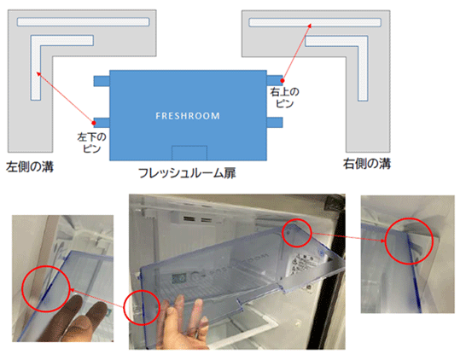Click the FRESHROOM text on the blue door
point(188,115)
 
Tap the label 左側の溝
point(30,166)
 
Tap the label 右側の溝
point(367,164)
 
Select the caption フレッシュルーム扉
point(187,173)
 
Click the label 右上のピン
point(285,97)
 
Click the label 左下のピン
point(91,142)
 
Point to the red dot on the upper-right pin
point(283,80)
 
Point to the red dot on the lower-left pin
point(94,123)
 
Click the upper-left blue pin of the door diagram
point(102,81)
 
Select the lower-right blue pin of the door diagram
point(275,122)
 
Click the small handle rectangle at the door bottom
point(189,153)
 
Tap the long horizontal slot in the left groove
point(83,22)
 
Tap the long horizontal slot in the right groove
point(315,22)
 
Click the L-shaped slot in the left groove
point(36,68)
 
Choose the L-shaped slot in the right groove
point(364,69)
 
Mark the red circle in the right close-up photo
point(385,241)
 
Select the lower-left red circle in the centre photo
point(124,308)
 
